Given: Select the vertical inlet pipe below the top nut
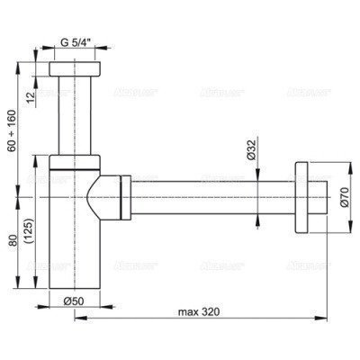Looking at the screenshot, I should (74, 117).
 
